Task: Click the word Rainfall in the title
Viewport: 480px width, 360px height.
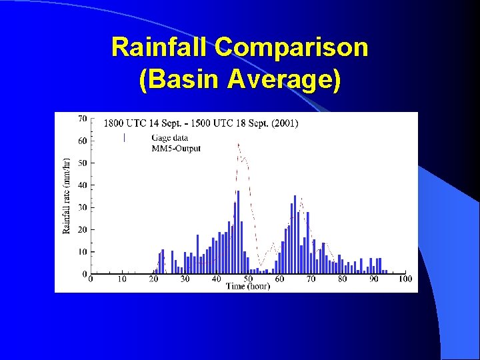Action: pos(161,47)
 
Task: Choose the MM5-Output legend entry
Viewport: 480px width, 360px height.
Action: pos(176,147)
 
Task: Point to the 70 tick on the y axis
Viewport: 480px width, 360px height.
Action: pos(83,119)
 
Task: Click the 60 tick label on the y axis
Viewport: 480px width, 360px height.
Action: pos(83,141)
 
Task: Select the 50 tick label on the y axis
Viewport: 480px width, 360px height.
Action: pos(83,163)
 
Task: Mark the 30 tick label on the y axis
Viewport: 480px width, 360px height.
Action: pos(83,207)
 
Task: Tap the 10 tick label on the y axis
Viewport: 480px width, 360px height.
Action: pos(83,251)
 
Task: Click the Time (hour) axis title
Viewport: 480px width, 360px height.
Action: pos(248,286)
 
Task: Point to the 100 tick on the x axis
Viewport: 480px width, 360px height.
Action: pos(405,279)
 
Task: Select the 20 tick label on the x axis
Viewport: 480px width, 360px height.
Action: pos(153,279)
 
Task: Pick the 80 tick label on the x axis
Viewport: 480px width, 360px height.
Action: pos(342,279)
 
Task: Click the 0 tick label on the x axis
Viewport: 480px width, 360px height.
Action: pos(91,279)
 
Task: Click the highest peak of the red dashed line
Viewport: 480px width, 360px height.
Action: pos(239,143)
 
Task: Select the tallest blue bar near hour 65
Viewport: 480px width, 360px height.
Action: pos(295,233)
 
